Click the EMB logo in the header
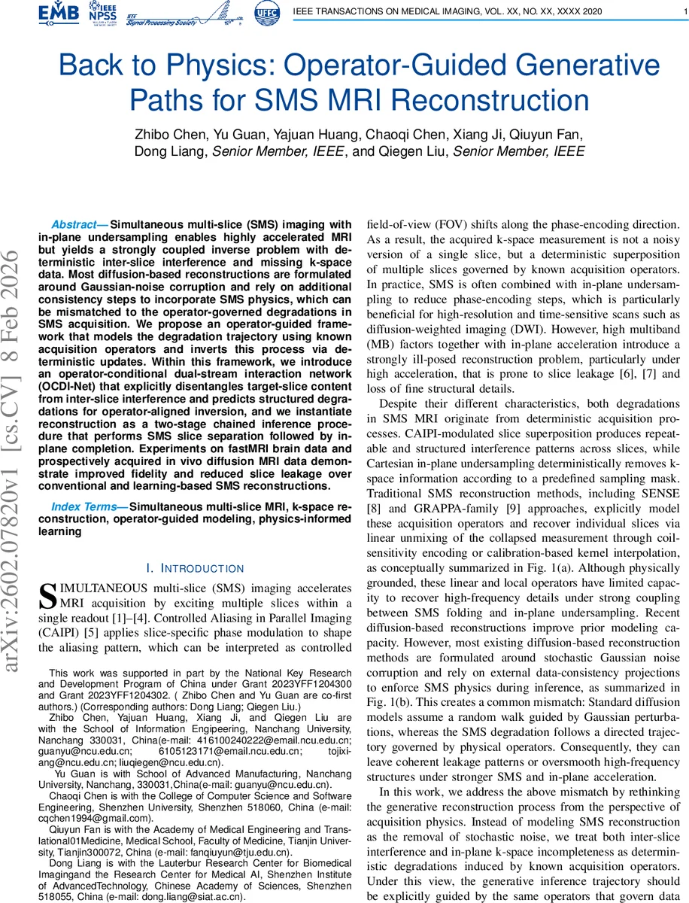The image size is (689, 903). (x=58, y=13)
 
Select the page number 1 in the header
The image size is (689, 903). (x=680, y=10)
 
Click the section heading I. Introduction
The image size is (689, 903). (x=195, y=568)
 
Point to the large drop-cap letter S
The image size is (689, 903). (x=47, y=595)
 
